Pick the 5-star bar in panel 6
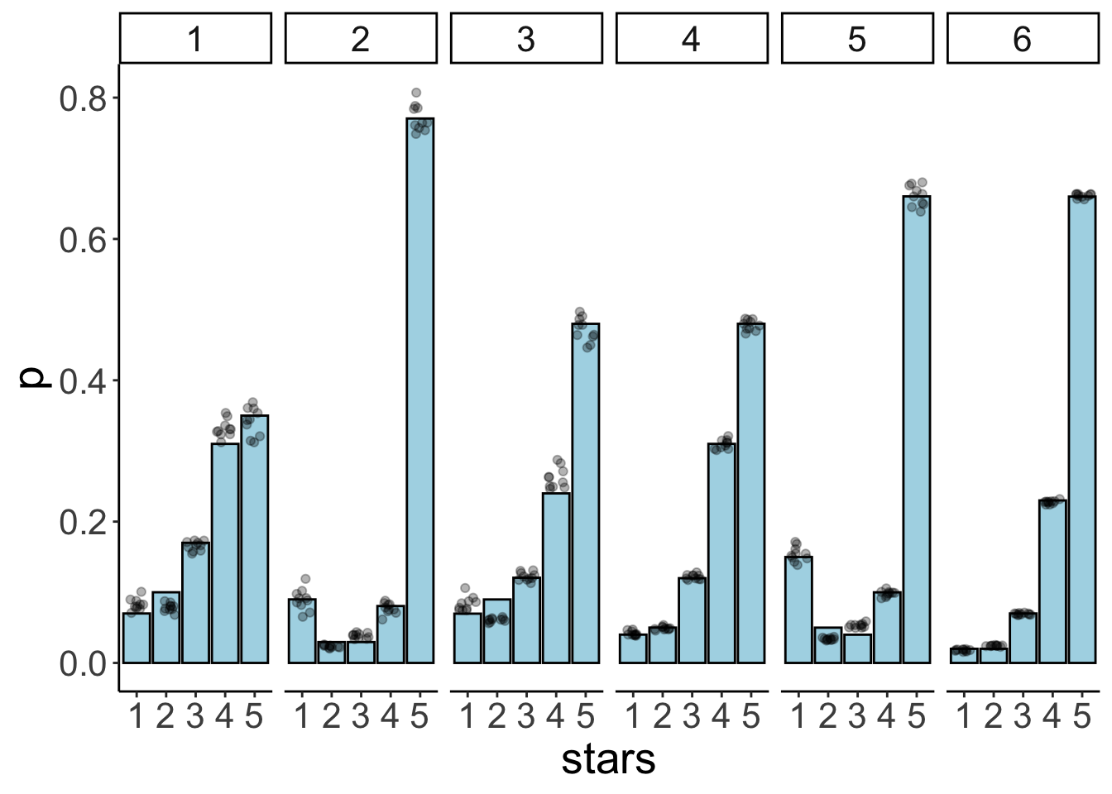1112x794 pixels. tap(1081, 429)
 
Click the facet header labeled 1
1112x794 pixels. tap(195, 38)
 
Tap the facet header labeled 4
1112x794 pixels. tap(692, 38)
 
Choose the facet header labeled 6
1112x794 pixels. tap(1023, 38)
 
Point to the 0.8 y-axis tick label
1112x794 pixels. tap(83, 98)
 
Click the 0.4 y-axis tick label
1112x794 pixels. tap(83, 381)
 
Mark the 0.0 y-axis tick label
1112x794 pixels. tap(83, 664)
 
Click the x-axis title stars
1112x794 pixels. tap(608, 759)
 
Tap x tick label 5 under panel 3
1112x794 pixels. tap(585, 716)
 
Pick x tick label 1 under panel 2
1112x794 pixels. tap(302, 716)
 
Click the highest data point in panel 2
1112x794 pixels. tap(416, 93)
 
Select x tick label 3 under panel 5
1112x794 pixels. tap(857, 716)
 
